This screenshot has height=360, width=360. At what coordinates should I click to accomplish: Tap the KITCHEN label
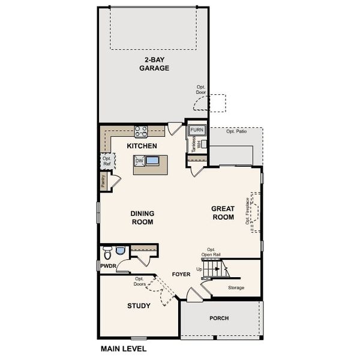[x=142, y=146]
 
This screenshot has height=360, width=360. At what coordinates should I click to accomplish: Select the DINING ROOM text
[x=142, y=217]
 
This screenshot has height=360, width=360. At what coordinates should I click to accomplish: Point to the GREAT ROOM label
[x=223, y=213]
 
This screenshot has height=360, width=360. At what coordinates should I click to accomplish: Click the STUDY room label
[x=139, y=306]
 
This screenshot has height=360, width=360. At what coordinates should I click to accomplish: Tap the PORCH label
[x=218, y=318]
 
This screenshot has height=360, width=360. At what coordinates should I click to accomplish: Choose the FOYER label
[x=181, y=274]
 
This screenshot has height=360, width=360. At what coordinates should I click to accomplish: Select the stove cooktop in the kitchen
[x=141, y=130]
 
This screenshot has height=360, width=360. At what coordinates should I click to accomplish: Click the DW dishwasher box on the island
[x=139, y=161]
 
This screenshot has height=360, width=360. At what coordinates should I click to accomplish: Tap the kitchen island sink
[x=152, y=161]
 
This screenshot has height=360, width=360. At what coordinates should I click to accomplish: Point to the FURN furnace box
[x=197, y=130]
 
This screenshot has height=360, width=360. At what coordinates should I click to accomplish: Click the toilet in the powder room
[x=108, y=251]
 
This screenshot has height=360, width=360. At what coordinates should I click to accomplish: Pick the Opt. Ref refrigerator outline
[x=106, y=161]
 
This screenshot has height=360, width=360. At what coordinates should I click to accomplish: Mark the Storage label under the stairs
[x=236, y=288]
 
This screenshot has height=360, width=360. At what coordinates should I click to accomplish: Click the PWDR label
[x=108, y=265]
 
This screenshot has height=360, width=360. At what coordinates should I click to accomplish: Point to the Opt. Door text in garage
[x=201, y=89]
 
